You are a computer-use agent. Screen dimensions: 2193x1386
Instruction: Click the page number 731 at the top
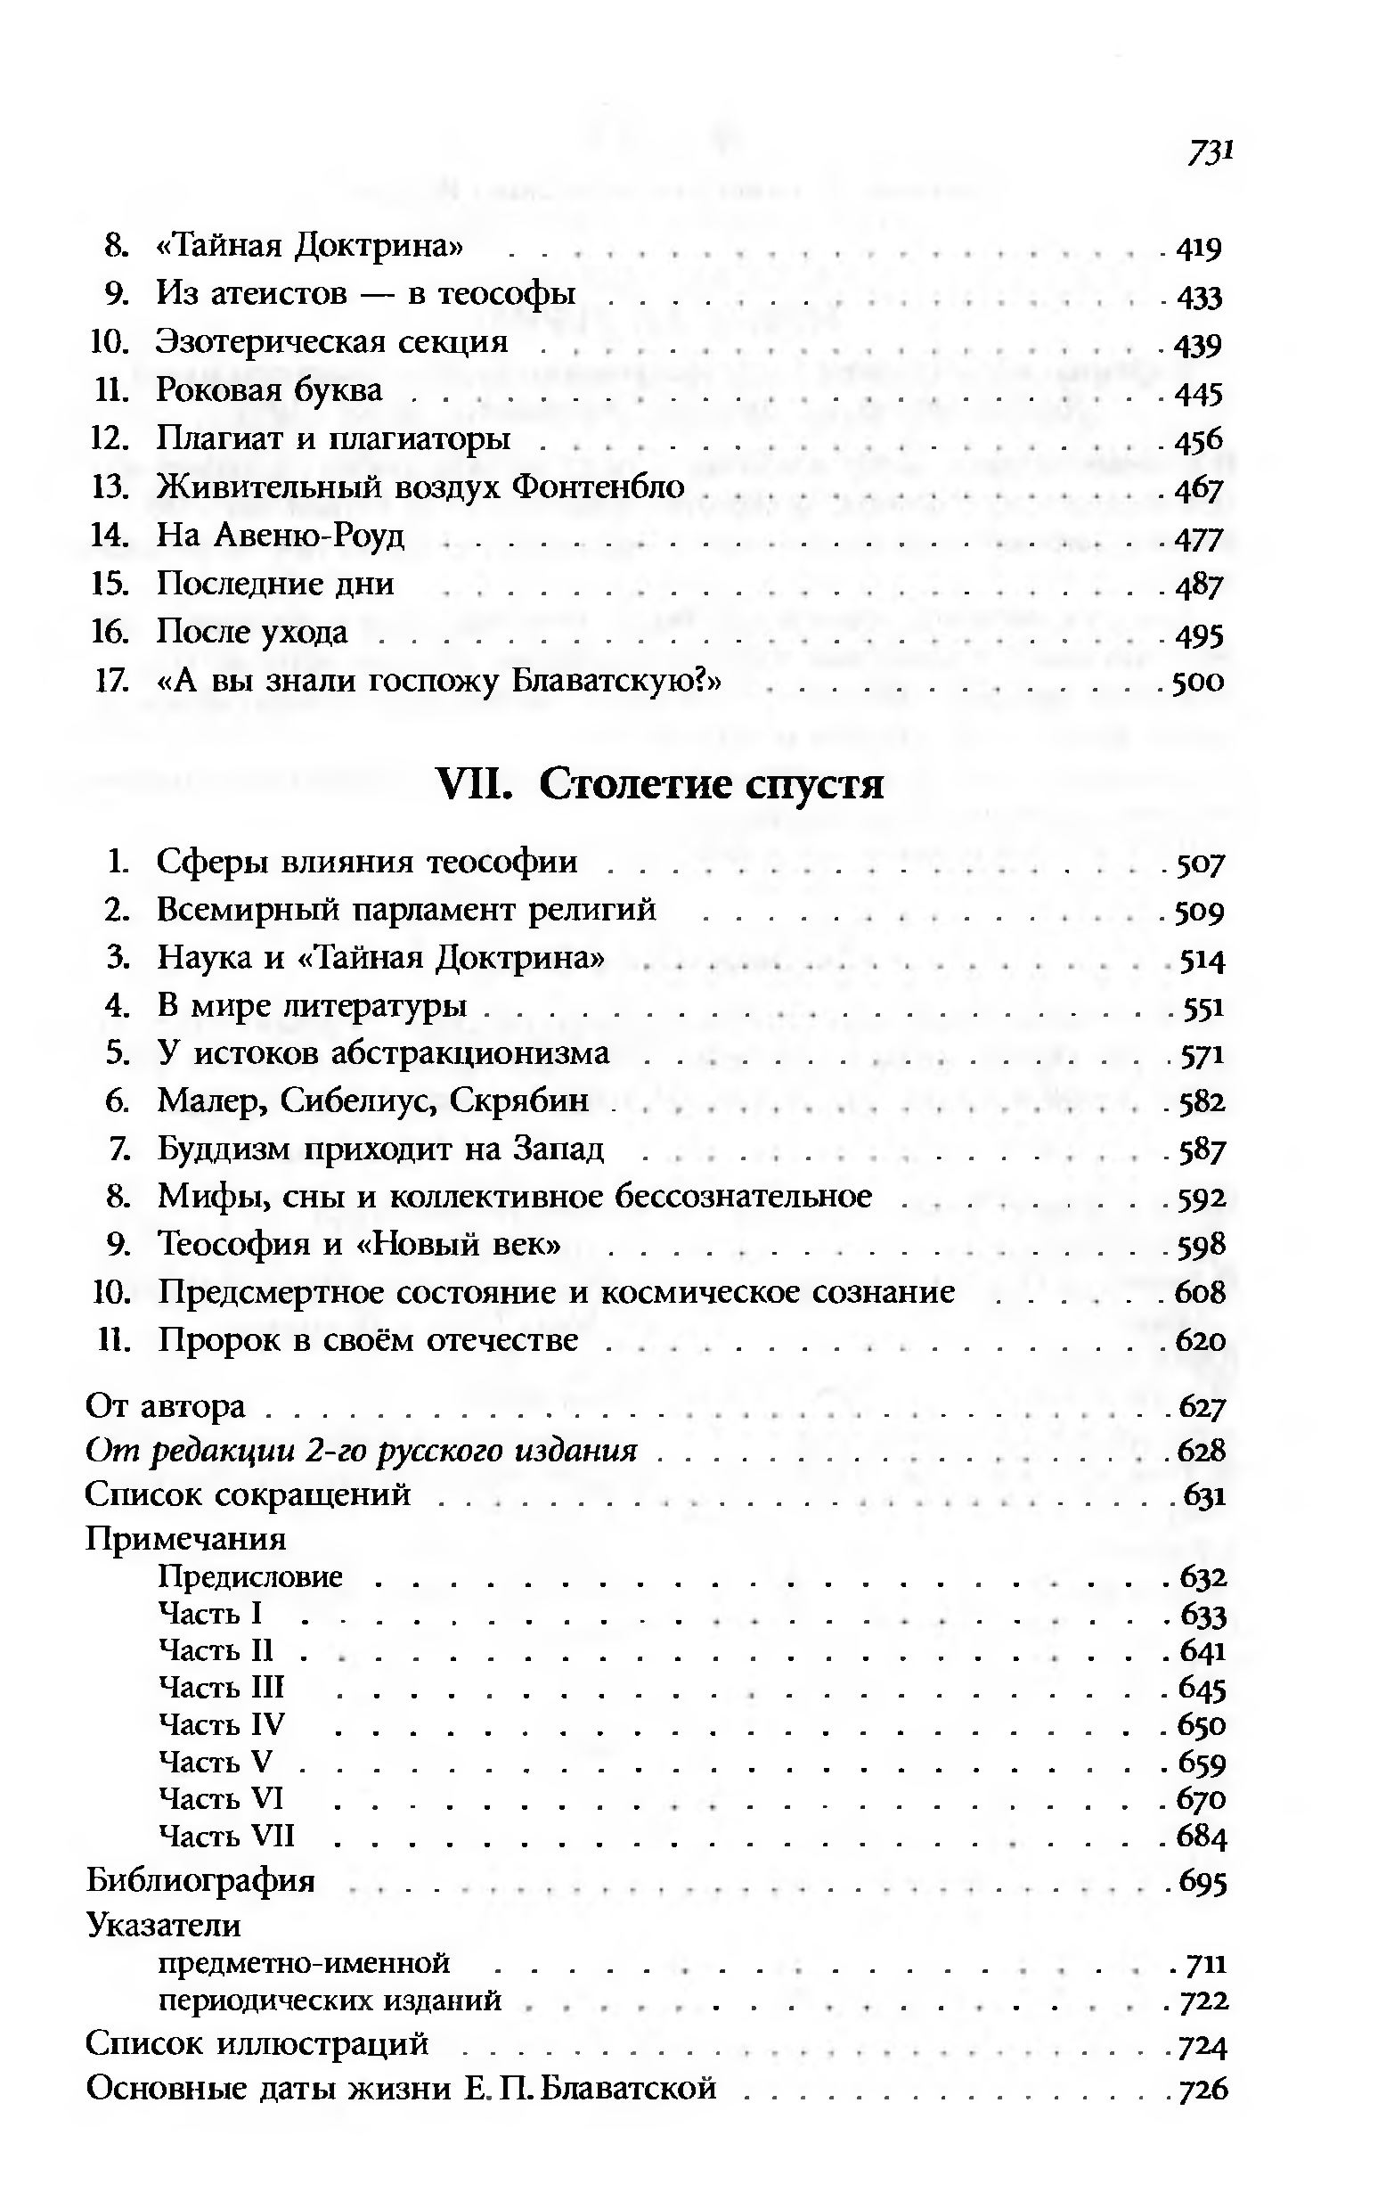1209,152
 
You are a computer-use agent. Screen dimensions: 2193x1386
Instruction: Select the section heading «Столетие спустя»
710,783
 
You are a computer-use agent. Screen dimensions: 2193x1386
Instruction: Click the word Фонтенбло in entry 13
598,487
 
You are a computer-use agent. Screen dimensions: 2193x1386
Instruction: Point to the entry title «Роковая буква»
270,389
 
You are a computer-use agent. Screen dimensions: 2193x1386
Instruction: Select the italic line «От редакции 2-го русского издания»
361,1450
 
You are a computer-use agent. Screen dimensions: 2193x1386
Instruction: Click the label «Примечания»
186,1538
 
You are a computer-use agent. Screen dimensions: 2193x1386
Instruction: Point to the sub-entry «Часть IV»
221,1724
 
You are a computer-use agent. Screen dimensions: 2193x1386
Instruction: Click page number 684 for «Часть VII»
1202,1835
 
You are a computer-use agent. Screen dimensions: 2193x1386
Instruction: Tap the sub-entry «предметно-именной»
304,1962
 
